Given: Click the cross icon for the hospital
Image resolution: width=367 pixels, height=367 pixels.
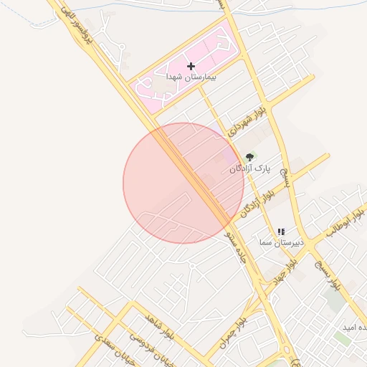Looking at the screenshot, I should point(190,66).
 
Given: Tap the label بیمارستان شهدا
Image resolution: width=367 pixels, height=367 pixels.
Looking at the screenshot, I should point(191,76).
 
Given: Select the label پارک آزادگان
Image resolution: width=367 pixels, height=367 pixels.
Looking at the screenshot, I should point(251,168).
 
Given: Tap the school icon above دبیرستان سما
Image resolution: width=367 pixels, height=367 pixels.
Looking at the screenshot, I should point(280,232).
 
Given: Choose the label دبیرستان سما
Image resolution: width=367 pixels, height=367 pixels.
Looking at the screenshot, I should point(282,243).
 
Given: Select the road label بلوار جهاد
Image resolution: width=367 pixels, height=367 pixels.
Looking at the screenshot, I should point(280,273).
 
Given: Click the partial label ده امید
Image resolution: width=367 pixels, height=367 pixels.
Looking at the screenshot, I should point(355,327).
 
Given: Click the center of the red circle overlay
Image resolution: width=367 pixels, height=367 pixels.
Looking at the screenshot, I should point(183,183).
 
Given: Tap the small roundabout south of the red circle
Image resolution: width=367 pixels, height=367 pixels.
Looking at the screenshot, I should point(192,265).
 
